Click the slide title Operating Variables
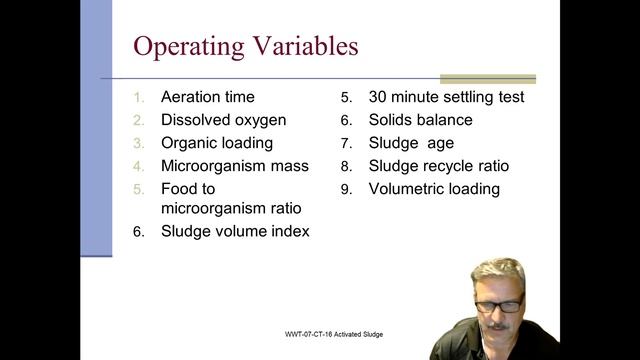pos(245,47)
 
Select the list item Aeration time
pos(207,97)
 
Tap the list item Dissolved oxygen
pos(223,120)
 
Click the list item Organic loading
pos(216,143)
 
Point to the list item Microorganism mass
pos(235,166)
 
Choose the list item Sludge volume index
pos(235,231)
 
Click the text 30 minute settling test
pos(446,97)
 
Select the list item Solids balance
pos(420,120)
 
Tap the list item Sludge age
pos(411,143)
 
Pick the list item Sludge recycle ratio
pos(438,166)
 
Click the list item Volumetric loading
pos(434,188)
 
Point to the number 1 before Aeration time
pos(140,98)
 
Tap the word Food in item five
pos(180,188)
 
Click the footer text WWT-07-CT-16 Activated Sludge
pos(333,334)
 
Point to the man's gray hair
pos(498,272)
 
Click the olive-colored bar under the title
pos(487,79)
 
